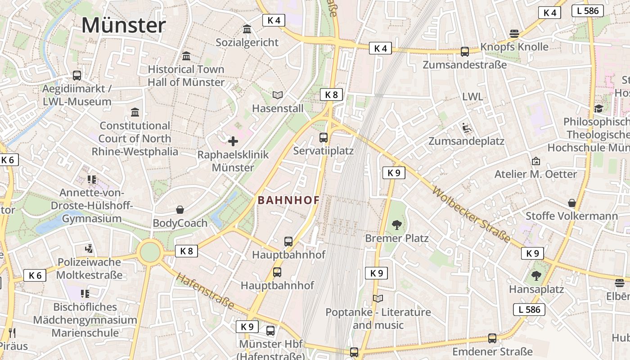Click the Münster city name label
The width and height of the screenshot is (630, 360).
pos(123,25)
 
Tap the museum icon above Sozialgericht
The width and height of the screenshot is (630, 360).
pos(247,29)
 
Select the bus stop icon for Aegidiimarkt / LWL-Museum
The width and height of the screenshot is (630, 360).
pos(77,76)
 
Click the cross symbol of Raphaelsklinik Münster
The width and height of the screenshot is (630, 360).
pos(233,142)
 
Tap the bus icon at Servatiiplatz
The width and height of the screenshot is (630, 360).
pos(324,138)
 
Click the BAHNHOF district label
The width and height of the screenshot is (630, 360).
pos(288,201)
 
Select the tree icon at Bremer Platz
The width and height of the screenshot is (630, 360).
pos(396,225)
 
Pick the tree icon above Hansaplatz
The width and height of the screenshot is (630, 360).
pos(536,275)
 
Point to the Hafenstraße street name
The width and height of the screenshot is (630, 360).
pos(205,291)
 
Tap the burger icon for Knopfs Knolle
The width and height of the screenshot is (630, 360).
pos(514,33)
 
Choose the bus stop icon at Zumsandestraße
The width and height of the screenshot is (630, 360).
pos(465,52)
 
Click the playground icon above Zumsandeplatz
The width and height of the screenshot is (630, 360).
pos(466,128)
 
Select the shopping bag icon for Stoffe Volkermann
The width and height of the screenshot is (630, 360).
pos(571,203)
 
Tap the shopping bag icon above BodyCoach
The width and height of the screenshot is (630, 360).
pos(180,210)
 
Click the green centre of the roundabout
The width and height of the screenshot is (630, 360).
pos(150,252)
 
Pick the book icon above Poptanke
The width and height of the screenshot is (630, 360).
pos(378,298)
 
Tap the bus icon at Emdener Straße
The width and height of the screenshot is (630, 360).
pos(492,338)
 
